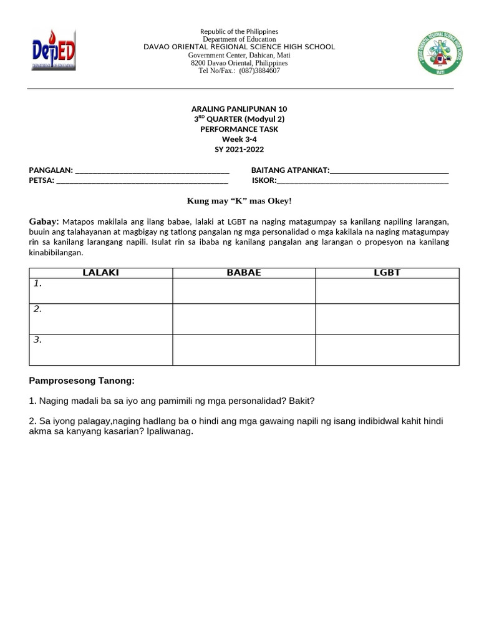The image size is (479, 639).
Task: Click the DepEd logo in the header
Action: pyautogui.click(x=54, y=51)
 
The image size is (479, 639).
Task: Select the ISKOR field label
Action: pyautogui.click(x=264, y=181)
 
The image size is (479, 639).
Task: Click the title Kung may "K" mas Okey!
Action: pyautogui.click(x=239, y=201)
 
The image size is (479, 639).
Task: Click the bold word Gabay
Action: pyautogui.click(x=44, y=222)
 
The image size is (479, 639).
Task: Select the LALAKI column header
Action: pyautogui.click(x=101, y=273)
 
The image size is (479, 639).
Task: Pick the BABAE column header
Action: pyautogui.click(x=244, y=273)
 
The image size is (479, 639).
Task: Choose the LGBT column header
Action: pyautogui.click(x=387, y=273)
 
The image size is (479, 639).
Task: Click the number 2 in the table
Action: pyautogui.click(x=38, y=309)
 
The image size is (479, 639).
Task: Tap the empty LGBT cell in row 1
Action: pyautogui.click(x=387, y=291)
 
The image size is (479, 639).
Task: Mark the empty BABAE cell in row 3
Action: pyautogui.click(x=244, y=349)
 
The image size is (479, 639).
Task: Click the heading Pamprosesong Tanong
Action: pyautogui.click(x=82, y=381)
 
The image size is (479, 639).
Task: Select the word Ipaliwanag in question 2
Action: pyautogui.click(x=170, y=432)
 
